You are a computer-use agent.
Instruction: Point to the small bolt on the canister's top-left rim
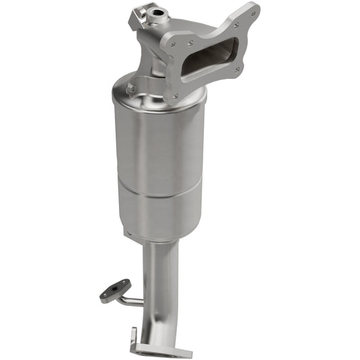[131, 87]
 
